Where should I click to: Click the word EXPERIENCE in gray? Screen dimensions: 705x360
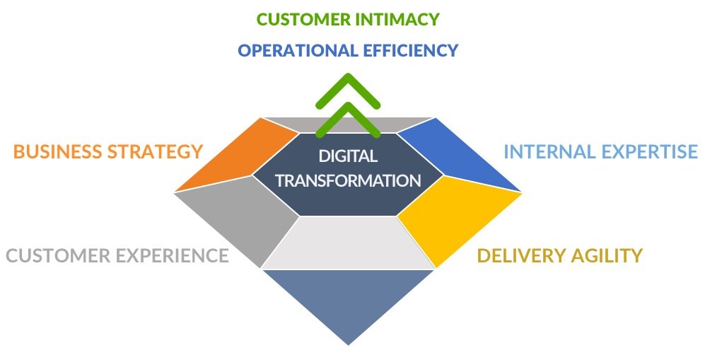tap(173, 255)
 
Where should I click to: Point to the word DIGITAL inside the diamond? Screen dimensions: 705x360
tap(348, 156)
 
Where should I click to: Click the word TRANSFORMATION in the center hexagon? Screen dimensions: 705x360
tap(349, 180)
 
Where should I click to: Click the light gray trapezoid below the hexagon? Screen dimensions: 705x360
tap(349, 243)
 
